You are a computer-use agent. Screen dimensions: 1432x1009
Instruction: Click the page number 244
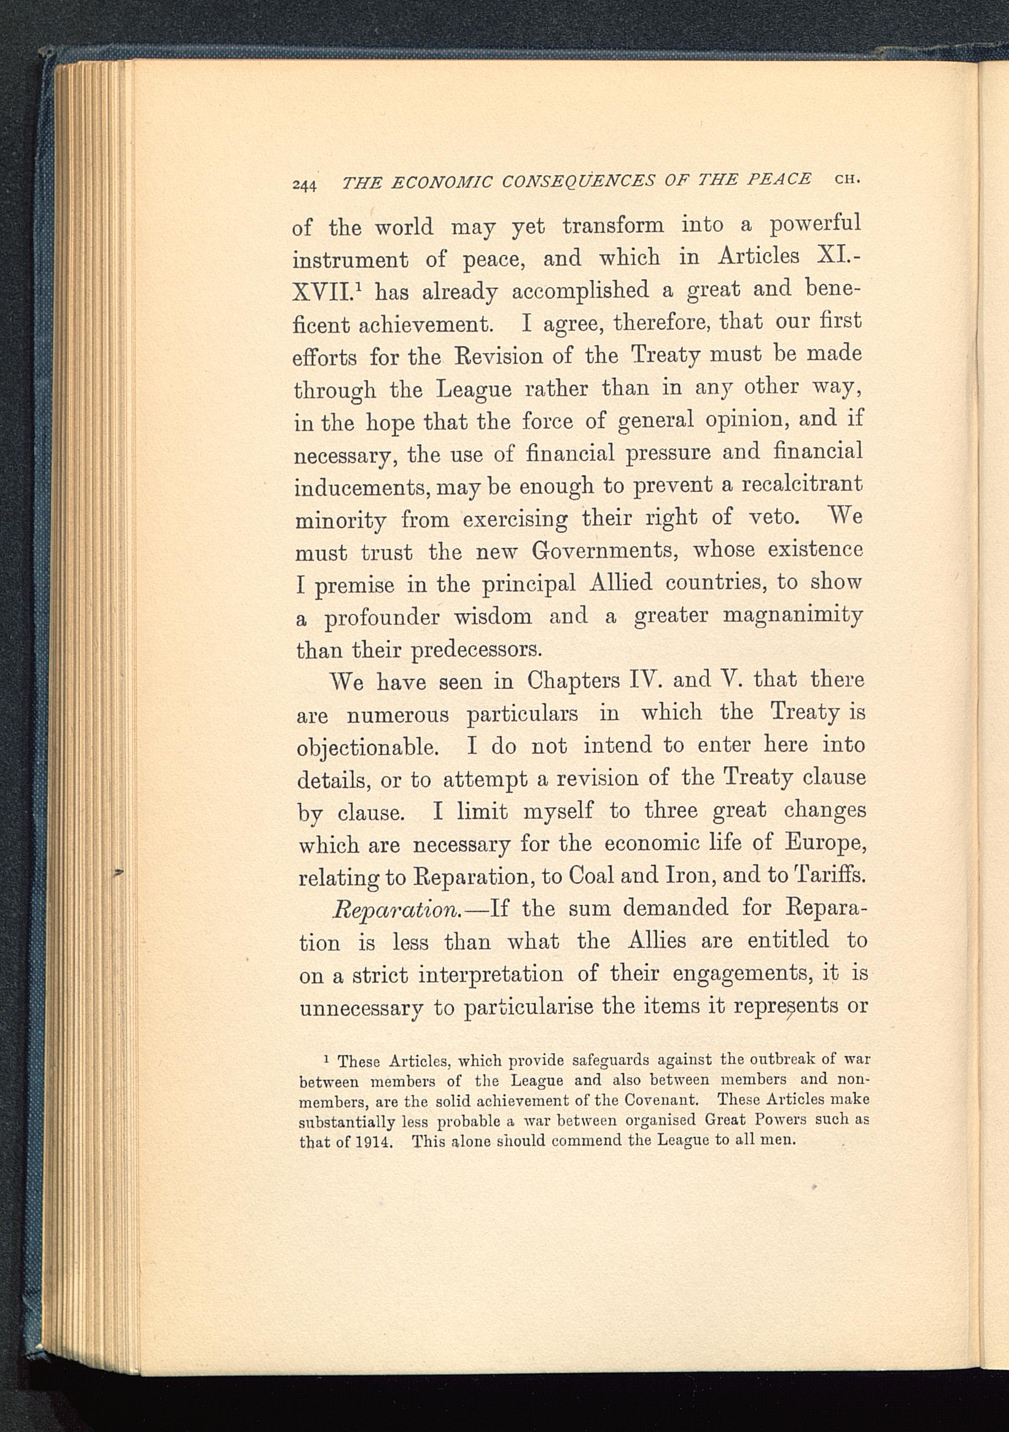[x=305, y=186]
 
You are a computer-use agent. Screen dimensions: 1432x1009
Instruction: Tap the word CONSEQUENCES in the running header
[x=578, y=181]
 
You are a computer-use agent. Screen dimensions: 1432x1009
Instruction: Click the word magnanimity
[x=793, y=616]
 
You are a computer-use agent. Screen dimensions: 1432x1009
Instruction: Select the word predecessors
[x=477, y=650]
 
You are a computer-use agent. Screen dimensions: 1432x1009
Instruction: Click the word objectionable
[x=368, y=748]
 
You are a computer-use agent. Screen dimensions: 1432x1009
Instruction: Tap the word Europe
[x=824, y=844]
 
